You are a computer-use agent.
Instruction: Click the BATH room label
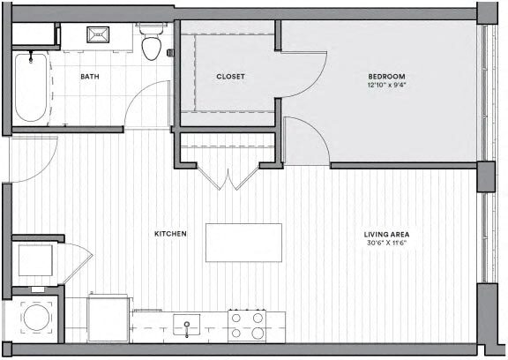tap(89, 77)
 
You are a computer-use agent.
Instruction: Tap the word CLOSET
tap(230, 77)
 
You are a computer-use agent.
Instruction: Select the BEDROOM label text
tap(386, 77)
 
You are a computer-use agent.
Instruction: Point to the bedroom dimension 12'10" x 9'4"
tap(386, 86)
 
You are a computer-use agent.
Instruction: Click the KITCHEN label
tap(170, 234)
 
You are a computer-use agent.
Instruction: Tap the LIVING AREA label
tap(387, 234)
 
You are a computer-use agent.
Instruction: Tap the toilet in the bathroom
tap(153, 44)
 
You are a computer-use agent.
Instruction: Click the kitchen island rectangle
tap(243, 242)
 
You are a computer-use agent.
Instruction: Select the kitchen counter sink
tap(188, 326)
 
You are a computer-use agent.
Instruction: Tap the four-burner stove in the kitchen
tap(248, 325)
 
